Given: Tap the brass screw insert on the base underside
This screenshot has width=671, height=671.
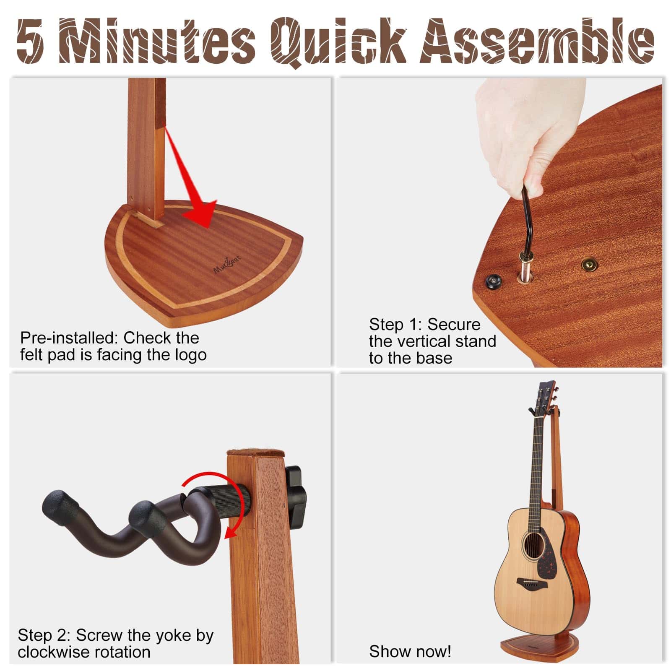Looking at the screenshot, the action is pos(590,265).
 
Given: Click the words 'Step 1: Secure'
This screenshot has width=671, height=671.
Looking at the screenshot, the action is pos(424,325).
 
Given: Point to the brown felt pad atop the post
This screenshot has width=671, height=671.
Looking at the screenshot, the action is pos(255,453).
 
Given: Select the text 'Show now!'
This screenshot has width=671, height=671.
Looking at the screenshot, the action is pos(410,651).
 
